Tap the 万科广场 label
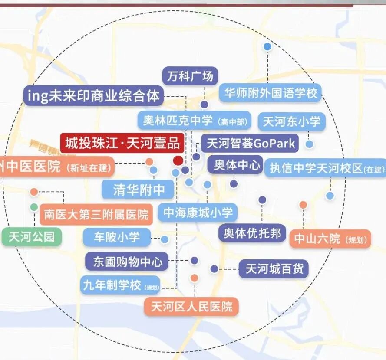[190, 76]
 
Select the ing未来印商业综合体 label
[93, 96]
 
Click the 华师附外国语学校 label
[270, 93]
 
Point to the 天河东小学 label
[291, 121]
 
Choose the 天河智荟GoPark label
[250, 143]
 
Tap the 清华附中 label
[137, 190]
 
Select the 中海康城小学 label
[198, 213]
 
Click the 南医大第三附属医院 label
[96, 214]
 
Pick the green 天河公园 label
[32, 237]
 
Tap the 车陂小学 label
[117, 237]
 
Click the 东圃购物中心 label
[127, 262]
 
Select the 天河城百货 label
[274, 269]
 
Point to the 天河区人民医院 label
[191, 307]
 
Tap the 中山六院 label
[330, 239]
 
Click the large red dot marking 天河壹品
[178, 160]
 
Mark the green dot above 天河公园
[34, 207]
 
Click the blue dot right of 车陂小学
[165, 239]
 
